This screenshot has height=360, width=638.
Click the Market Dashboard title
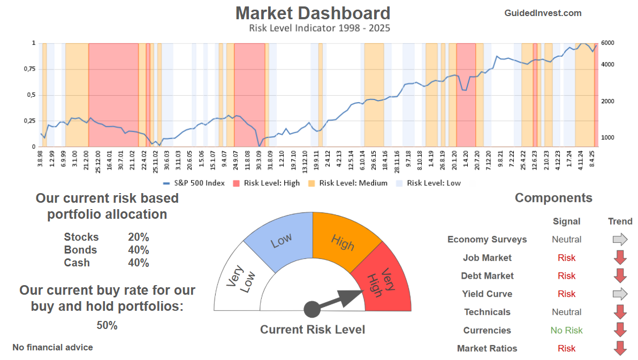pos(313,13)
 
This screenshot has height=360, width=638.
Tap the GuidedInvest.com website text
pos(543,13)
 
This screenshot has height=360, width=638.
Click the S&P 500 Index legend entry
pos(194,183)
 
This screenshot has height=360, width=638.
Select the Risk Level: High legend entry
pos(266,183)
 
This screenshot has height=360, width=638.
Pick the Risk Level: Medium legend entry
pos(348,183)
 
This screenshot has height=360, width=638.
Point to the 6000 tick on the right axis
pos(607,43)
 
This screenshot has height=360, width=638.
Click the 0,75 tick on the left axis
pos(29,69)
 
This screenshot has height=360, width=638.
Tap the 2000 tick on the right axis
pos(607,101)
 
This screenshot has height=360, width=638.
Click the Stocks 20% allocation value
pos(138,237)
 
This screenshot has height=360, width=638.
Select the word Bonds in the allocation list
pos(80,250)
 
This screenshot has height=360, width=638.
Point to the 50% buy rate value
pos(107,325)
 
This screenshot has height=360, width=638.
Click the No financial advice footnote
pos(52,347)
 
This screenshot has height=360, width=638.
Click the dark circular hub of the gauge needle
pos(312,309)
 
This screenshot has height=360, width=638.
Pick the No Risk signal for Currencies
pos(566,330)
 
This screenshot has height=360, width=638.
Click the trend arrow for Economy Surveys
pos(620,239)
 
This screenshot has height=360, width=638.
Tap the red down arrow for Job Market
pos(620,257)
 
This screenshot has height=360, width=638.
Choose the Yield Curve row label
pos(487,294)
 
